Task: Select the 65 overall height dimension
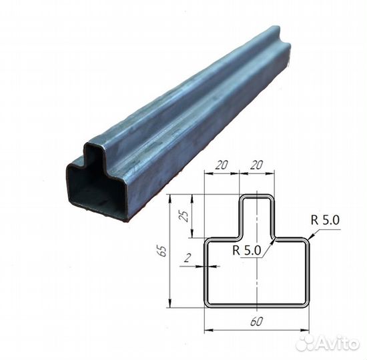pos(163,251)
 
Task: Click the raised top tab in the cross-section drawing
pos(257,213)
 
